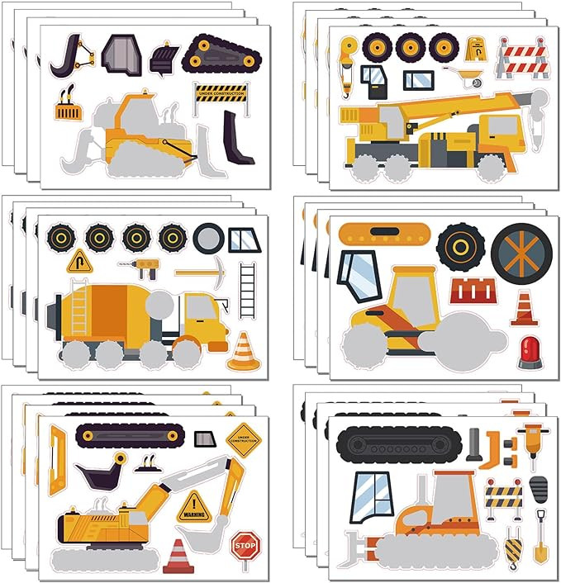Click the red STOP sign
click(245, 545)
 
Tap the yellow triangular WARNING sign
click(195, 506)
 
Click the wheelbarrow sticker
click(467, 77)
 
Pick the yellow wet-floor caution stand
click(476, 48)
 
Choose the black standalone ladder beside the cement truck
click(247, 288)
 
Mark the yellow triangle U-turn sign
click(79, 262)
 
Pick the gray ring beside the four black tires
click(209, 239)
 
